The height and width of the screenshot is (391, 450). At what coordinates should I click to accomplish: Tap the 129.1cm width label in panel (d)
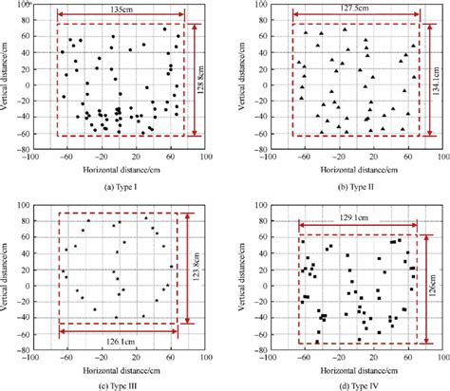coord(358,218)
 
